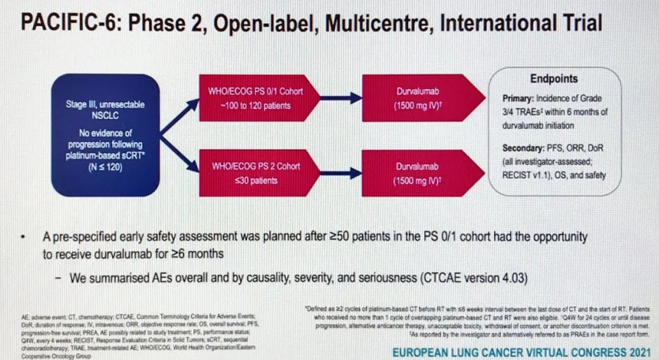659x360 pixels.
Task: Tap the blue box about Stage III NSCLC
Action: pos(106,135)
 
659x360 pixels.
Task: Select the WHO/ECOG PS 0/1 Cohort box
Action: pos(256,98)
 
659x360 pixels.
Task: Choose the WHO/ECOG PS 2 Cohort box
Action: pos(256,173)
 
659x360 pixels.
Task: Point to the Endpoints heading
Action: pos(554,79)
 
